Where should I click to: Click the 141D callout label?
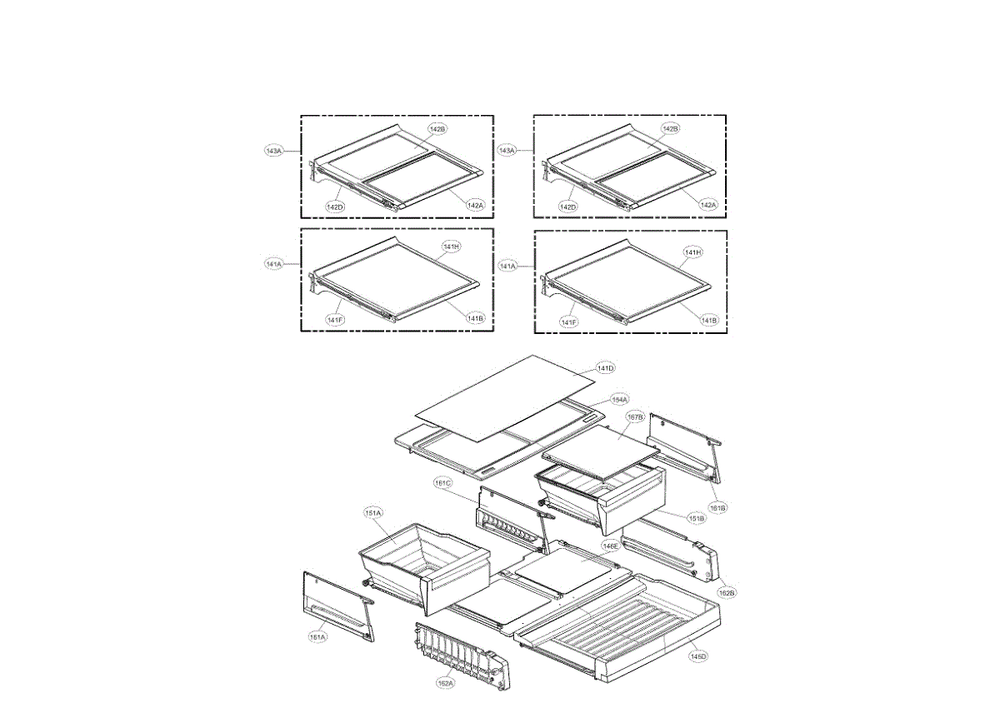pyautogui.click(x=606, y=368)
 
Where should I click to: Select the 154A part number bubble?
pyautogui.click(x=619, y=400)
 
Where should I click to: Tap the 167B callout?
pyautogui.click(x=635, y=416)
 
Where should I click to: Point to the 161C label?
pyautogui.click(x=442, y=483)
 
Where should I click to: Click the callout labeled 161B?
pyautogui.click(x=717, y=506)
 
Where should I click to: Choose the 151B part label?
pyautogui.click(x=697, y=518)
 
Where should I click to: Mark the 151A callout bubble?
pyautogui.click(x=372, y=513)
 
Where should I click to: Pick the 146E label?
pyautogui.click(x=611, y=546)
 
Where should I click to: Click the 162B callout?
pyautogui.click(x=727, y=592)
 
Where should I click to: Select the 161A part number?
pyautogui.click(x=317, y=637)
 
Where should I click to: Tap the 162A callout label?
pyautogui.click(x=446, y=683)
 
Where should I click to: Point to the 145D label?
pyautogui.click(x=698, y=656)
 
